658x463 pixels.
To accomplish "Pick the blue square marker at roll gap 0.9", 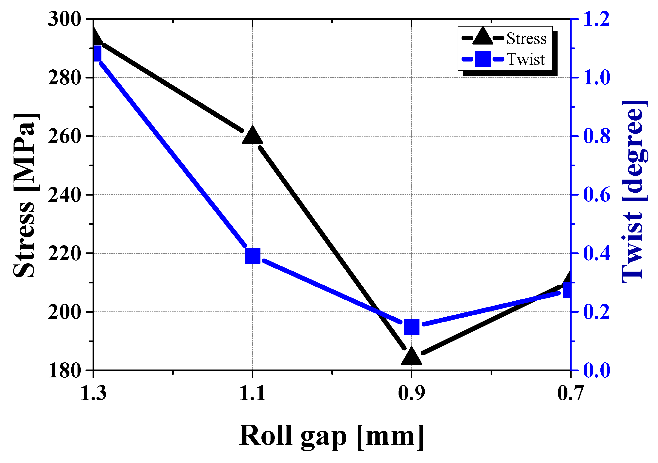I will [x=412, y=327].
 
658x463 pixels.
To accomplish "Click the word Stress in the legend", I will [x=526, y=38].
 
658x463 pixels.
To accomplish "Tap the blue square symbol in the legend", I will [x=483, y=59].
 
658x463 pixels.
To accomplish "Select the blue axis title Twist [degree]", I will [x=634, y=192].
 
